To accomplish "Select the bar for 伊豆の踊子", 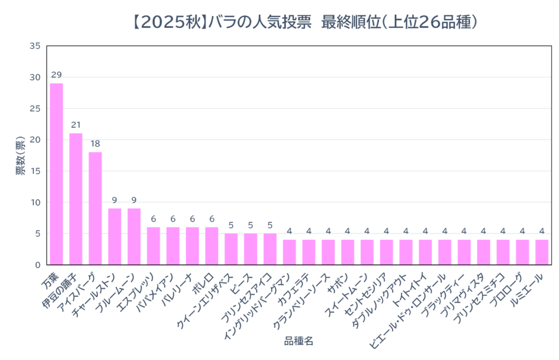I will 76,199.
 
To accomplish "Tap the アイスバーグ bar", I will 95,208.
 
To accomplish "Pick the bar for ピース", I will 251,249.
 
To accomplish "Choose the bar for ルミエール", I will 542,252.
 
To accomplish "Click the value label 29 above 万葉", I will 56,74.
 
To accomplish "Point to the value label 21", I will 76,125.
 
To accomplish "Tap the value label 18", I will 95,143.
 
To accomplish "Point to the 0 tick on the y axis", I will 37,265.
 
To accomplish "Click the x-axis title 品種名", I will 299,341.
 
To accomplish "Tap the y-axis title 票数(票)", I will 20,155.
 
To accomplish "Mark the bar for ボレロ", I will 212,246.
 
